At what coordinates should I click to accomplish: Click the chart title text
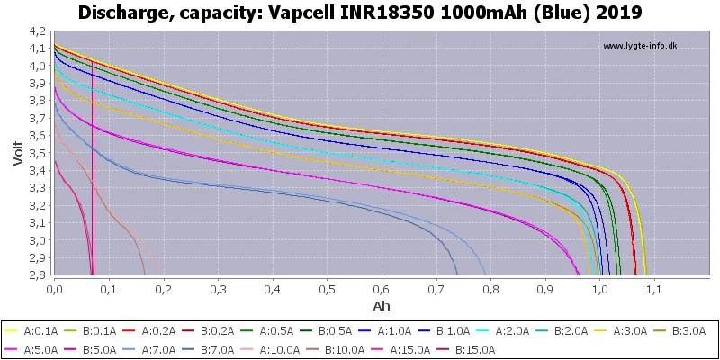360,12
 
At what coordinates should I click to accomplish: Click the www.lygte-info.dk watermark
640,46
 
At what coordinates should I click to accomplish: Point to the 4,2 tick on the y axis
37,31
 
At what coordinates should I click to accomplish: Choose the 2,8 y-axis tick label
37,275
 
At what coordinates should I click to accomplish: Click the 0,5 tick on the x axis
327,290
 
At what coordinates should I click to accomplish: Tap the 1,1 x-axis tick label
654,290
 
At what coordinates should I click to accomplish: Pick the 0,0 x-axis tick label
54,290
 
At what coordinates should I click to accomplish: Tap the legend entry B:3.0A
681,331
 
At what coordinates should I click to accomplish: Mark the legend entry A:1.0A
387,331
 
